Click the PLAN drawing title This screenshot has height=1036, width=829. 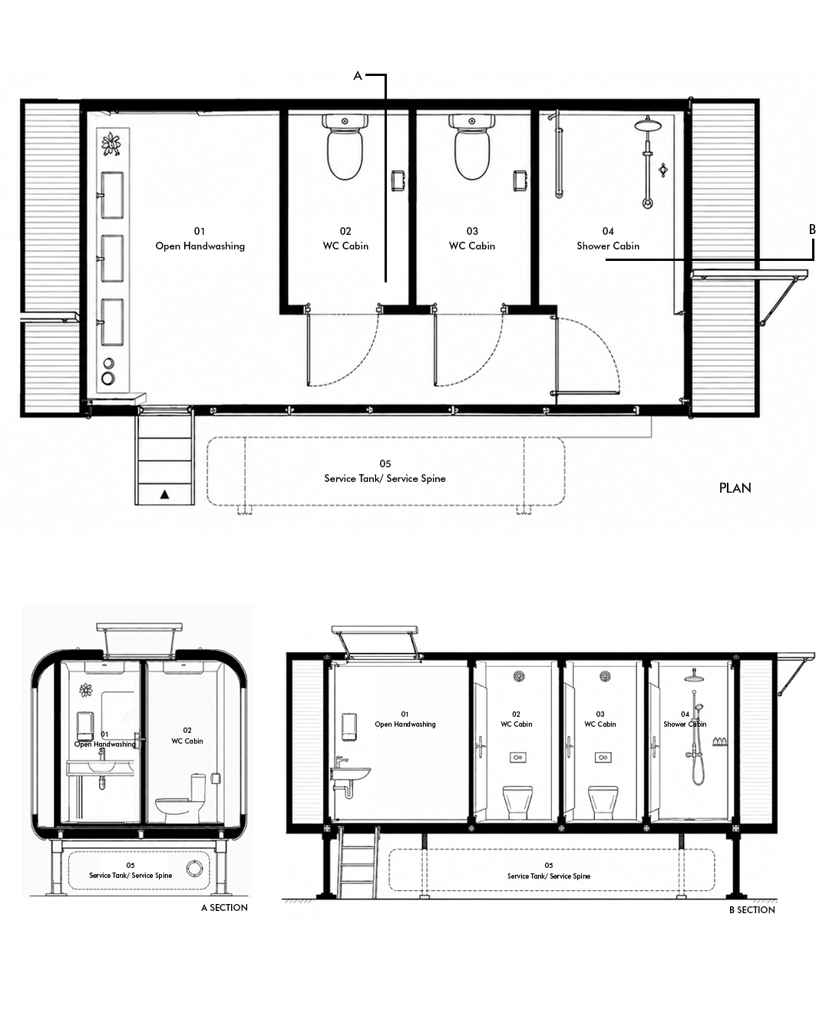tap(735, 488)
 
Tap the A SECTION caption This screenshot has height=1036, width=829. tap(224, 908)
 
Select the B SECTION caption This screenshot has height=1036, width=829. tap(752, 910)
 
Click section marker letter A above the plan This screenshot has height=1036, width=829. tap(358, 75)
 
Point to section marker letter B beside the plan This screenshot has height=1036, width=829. tap(812, 229)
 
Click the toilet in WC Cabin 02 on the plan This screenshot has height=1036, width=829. tap(345, 147)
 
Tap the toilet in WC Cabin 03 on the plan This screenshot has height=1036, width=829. tap(472, 147)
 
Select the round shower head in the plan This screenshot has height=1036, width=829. tap(648, 125)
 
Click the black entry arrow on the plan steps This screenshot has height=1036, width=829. tap(165, 494)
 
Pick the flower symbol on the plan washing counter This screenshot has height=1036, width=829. tap(111, 144)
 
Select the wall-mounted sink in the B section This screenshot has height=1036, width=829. tap(350, 775)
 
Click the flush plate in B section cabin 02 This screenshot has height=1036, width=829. tap(518, 757)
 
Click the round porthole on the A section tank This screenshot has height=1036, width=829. tap(196, 867)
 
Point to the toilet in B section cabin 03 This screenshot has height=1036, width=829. tap(603, 803)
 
